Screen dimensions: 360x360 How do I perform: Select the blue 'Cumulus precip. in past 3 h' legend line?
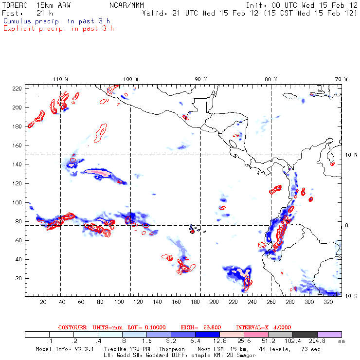point(56,21)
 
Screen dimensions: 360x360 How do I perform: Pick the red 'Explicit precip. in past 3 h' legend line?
point(58,28)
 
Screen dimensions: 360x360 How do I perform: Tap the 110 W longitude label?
point(60,79)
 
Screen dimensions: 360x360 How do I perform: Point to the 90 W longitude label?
point(201,79)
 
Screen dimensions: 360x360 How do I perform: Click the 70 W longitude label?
point(341,79)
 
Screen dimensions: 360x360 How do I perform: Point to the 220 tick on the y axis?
point(18,88)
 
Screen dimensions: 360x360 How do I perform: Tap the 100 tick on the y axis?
point(18,202)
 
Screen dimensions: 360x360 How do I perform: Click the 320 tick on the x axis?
point(328,302)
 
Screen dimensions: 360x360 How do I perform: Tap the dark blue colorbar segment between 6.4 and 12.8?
point(207,334)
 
